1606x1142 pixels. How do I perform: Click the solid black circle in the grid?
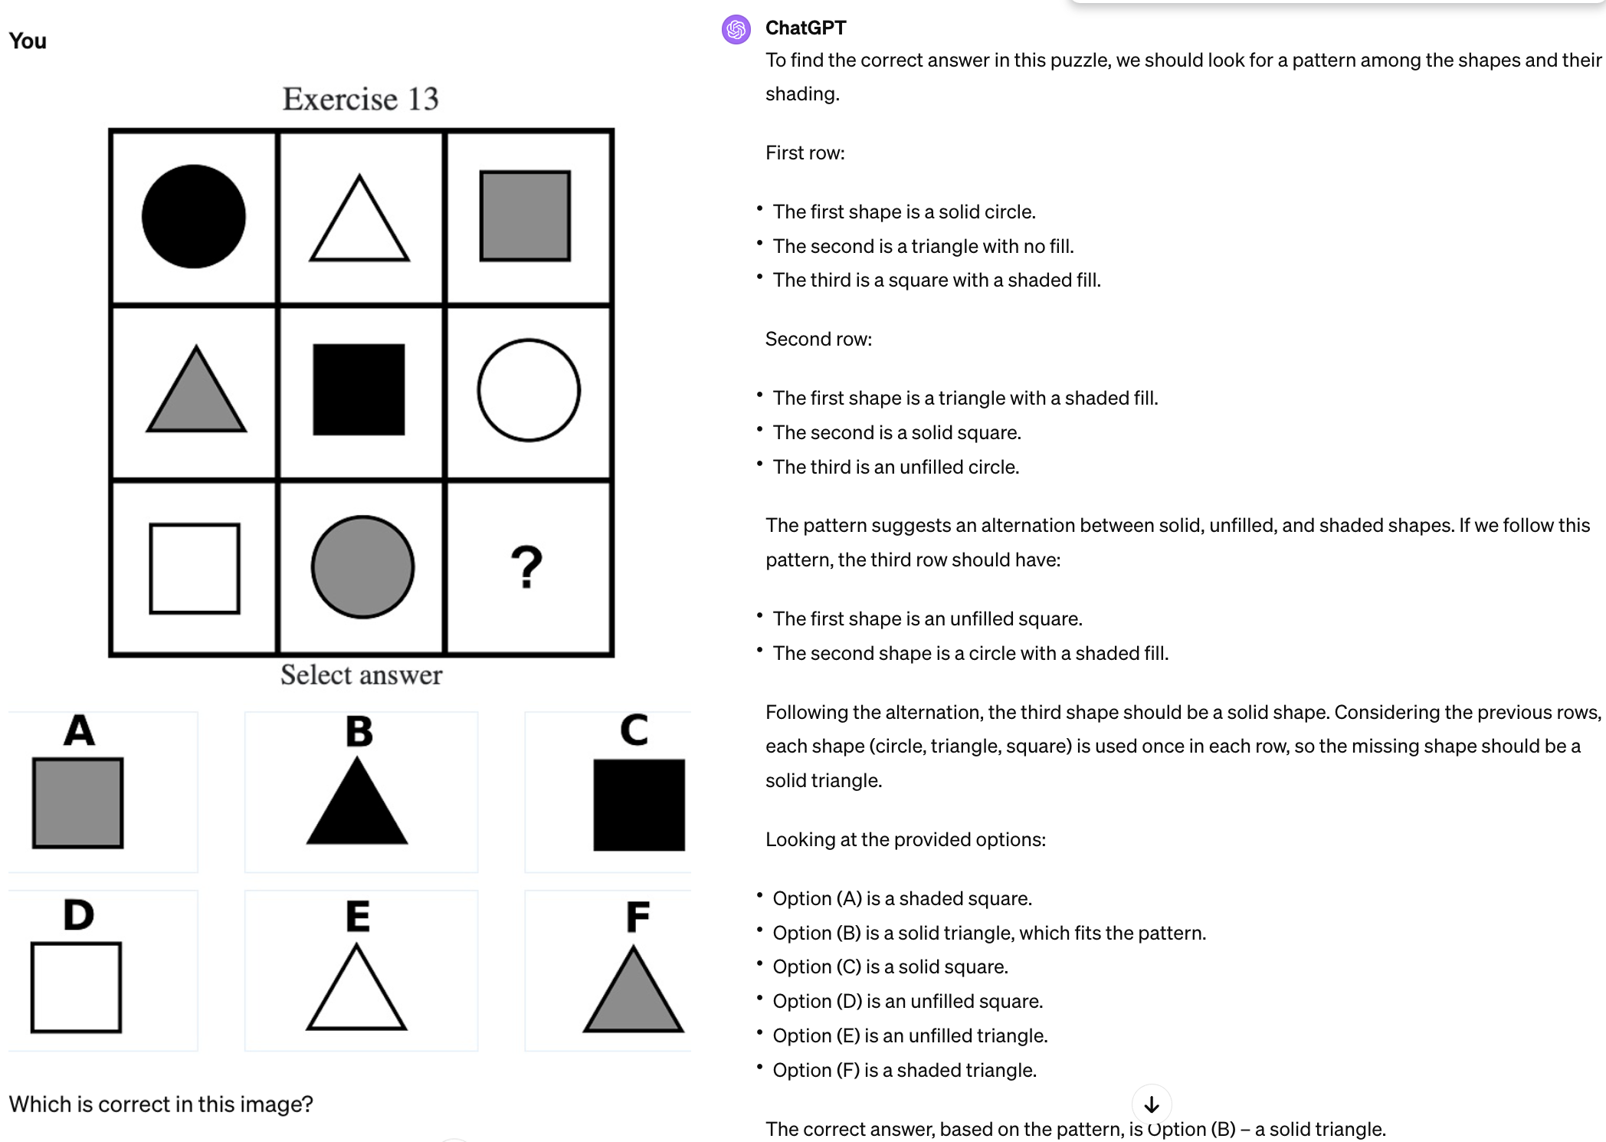click(194, 216)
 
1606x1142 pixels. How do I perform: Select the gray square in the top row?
click(525, 216)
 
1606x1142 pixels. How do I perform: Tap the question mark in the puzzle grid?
click(526, 567)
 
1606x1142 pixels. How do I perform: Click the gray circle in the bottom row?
click(362, 567)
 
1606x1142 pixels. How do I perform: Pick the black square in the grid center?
click(359, 389)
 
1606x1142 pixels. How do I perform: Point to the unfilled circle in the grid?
click(529, 390)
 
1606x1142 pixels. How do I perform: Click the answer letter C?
click(634, 730)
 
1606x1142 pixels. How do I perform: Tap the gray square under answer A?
click(77, 803)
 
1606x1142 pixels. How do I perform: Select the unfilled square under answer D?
click(76, 988)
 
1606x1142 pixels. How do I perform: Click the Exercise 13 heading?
click(360, 99)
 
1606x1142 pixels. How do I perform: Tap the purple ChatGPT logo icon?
click(736, 30)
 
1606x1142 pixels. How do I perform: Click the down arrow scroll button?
click(1151, 1104)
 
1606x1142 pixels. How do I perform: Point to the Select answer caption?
click(361, 675)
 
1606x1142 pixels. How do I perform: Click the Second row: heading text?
click(818, 340)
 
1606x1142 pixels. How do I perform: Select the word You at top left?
click(28, 41)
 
